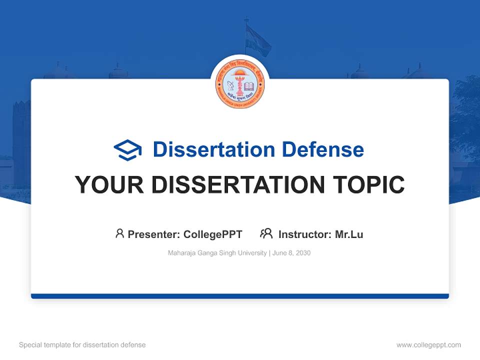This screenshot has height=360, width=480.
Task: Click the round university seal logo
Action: pos(240,84)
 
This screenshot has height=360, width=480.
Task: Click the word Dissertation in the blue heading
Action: pos(213,149)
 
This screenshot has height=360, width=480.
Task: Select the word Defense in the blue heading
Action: pos(322,149)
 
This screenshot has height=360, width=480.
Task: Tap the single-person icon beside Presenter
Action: pos(119,233)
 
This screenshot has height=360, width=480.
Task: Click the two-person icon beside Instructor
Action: pos(266,233)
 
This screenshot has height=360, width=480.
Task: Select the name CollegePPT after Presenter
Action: pos(213,234)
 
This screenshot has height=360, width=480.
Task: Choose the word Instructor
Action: pos(304,234)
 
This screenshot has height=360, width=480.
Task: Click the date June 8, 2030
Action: pos(291,253)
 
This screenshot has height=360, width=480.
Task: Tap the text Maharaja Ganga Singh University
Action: pos(217,253)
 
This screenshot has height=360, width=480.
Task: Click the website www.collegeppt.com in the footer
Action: pos(428,345)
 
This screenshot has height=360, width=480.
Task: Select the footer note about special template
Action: pos(82,345)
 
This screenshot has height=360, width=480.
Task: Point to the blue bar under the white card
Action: pos(240,296)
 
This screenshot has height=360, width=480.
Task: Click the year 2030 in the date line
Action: pos(302,253)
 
